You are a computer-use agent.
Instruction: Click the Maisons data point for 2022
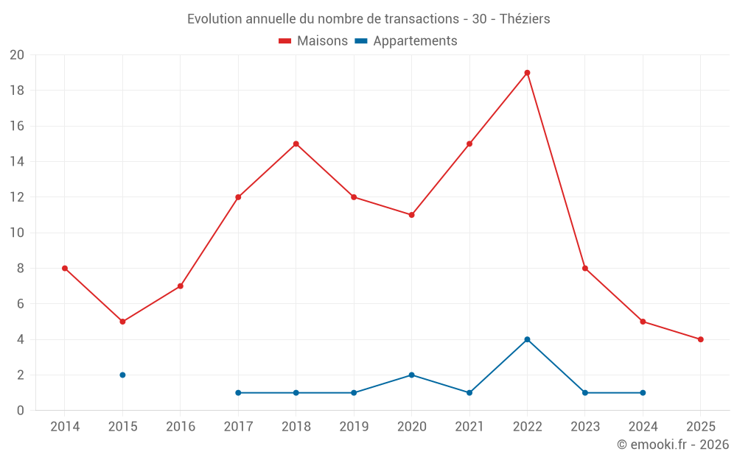[527, 73]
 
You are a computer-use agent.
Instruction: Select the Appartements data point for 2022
[527, 339]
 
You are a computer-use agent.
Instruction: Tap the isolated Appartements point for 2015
[122, 375]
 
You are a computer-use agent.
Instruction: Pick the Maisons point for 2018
[296, 144]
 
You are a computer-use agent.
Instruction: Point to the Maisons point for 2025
[700, 339]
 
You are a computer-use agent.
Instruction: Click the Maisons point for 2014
[65, 268]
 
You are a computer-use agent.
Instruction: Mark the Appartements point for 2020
[411, 375]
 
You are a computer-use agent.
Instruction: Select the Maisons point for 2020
[411, 215]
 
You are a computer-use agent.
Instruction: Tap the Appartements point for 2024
[643, 392]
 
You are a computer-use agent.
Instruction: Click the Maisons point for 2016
[181, 286]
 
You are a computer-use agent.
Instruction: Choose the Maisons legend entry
[313, 41]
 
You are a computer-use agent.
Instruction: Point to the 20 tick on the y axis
[17, 55]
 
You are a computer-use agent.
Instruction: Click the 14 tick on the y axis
[17, 162]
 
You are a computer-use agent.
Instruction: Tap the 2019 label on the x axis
[354, 427]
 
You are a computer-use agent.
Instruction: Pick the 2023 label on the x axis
[585, 427]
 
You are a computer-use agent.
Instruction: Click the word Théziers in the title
[525, 19]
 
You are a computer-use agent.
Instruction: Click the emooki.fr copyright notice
[672, 445]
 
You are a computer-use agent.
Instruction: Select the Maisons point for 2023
[585, 268]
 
